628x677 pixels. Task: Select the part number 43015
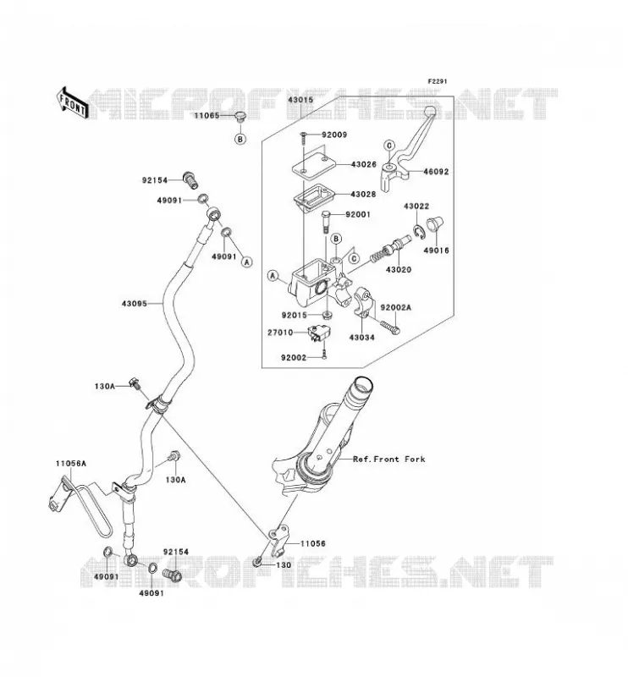point(300,100)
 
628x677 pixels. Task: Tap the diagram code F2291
point(438,81)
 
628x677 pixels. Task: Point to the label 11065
point(207,116)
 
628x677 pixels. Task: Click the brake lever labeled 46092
point(408,146)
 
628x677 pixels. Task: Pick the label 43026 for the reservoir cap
point(364,164)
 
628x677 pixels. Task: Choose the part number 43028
point(364,195)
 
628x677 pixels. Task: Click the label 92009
point(334,135)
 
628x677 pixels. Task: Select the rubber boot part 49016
point(435,225)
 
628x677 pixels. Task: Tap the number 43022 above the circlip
point(416,206)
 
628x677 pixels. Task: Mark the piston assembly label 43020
point(399,270)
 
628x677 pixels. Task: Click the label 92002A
point(395,307)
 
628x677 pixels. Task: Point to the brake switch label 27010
point(280,333)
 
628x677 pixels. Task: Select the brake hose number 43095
point(135,304)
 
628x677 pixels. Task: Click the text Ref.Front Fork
point(389,460)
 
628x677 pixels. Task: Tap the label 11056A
point(71,464)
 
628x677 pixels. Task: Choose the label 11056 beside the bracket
point(313,543)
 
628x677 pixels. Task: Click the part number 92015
point(295,316)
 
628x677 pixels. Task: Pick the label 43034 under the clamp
point(362,338)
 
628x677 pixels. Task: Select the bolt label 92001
point(358,215)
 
